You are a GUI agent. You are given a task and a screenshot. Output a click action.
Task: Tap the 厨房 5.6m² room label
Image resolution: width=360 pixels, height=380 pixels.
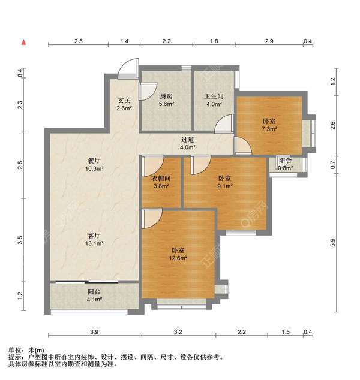tap(166, 99)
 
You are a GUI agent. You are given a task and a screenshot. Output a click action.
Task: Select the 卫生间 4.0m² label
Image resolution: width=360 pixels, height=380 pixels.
tap(214, 99)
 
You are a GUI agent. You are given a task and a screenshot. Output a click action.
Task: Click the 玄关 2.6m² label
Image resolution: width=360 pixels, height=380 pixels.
tap(124, 104)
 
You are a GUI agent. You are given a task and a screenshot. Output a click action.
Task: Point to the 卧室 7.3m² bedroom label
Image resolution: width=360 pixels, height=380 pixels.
tap(269, 125)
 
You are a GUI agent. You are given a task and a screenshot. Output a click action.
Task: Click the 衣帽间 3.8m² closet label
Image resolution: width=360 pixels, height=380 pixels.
tap(161, 181)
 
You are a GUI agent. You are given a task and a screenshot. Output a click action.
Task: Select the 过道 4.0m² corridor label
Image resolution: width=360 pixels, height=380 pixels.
tap(188, 143)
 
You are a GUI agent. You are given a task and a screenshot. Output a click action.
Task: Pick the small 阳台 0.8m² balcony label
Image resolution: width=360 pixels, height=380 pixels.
tap(286, 164)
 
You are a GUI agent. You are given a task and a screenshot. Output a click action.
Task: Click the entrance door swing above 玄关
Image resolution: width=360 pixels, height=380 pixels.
tap(129, 69)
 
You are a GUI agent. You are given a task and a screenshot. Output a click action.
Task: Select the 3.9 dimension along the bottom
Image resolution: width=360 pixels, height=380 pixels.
tap(94, 332)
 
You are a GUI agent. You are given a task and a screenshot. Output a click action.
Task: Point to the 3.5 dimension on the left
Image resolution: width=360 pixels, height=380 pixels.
tap(20, 240)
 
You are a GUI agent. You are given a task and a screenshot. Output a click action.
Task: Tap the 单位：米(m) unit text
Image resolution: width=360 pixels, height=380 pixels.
tap(26, 350)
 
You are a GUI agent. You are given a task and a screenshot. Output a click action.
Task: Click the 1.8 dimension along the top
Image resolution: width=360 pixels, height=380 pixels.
tap(214, 41)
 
